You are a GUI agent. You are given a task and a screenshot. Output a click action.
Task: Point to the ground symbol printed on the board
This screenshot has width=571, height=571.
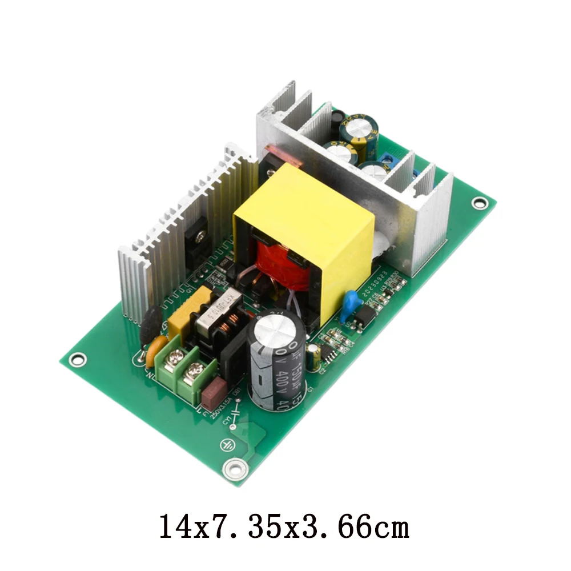point(227,445)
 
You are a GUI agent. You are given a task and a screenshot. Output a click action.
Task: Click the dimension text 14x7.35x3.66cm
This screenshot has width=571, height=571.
point(284,526)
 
